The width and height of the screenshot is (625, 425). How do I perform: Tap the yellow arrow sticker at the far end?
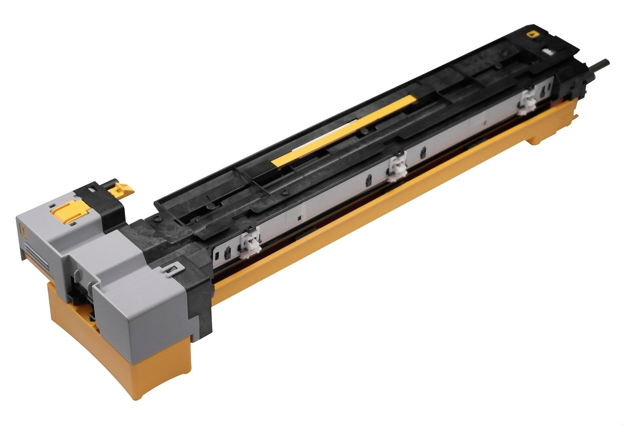(x=531, y=35)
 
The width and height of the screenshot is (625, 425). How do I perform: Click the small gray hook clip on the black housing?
(x=171, y=268)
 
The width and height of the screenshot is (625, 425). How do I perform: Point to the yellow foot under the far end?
(x=538, y=137)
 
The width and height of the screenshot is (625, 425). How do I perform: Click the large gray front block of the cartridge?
(x=144, y=304)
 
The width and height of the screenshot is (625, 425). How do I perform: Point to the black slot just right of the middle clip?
(x=423, y=153)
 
